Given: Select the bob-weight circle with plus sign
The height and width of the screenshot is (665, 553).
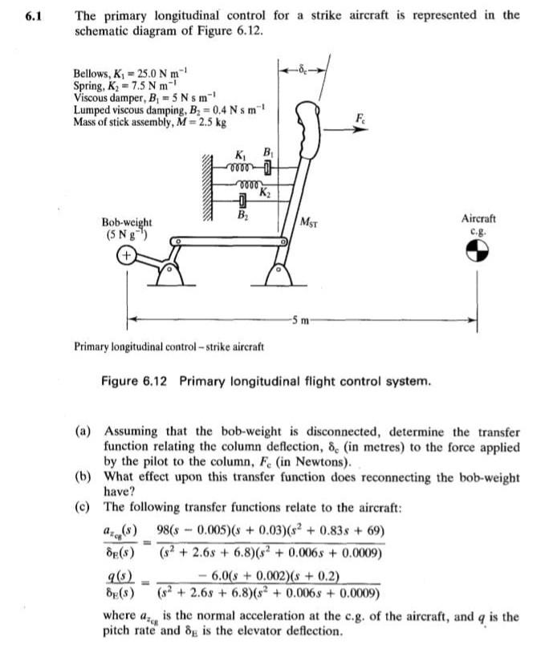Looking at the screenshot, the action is [125, 257].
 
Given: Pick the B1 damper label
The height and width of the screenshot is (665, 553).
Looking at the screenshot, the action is [270, 155].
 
